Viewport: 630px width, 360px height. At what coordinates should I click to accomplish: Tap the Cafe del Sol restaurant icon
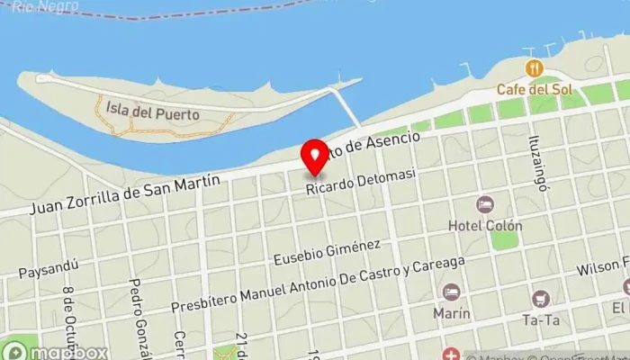click(535, 68)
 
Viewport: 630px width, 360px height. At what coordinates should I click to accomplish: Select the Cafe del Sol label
click(535, 89)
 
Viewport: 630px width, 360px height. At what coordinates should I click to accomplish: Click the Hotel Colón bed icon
click(485, 204)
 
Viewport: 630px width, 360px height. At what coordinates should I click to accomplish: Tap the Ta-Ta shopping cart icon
click(541, 299)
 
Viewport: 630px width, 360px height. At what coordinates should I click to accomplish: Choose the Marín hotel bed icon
click(451, 292)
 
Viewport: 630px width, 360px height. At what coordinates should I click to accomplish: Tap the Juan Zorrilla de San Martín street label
click(125, 194)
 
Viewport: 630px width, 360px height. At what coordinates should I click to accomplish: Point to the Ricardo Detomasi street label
click(361, 184)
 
